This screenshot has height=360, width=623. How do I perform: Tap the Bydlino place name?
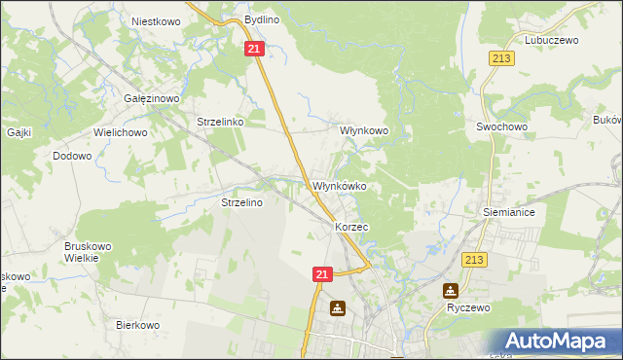click(x=262, y=19)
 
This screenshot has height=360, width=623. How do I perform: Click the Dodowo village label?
click(x=72, y=156)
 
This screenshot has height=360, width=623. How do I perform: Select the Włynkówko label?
click(x=339, y=186)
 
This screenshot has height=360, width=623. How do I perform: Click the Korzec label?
click(x=350, y=226)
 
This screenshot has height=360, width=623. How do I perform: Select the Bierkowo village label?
click(x=137, y=325)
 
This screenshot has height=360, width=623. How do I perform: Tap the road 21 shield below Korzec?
click(x=324, y=276)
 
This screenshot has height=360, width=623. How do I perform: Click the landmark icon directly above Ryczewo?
click(x=451, y=290)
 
